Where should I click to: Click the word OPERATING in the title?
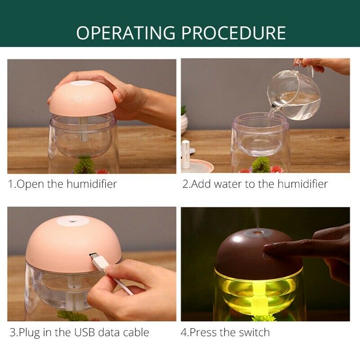[x=126, y=33]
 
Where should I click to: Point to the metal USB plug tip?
[x=94, y=258]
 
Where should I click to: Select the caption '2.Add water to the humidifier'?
[x=255, y=184]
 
